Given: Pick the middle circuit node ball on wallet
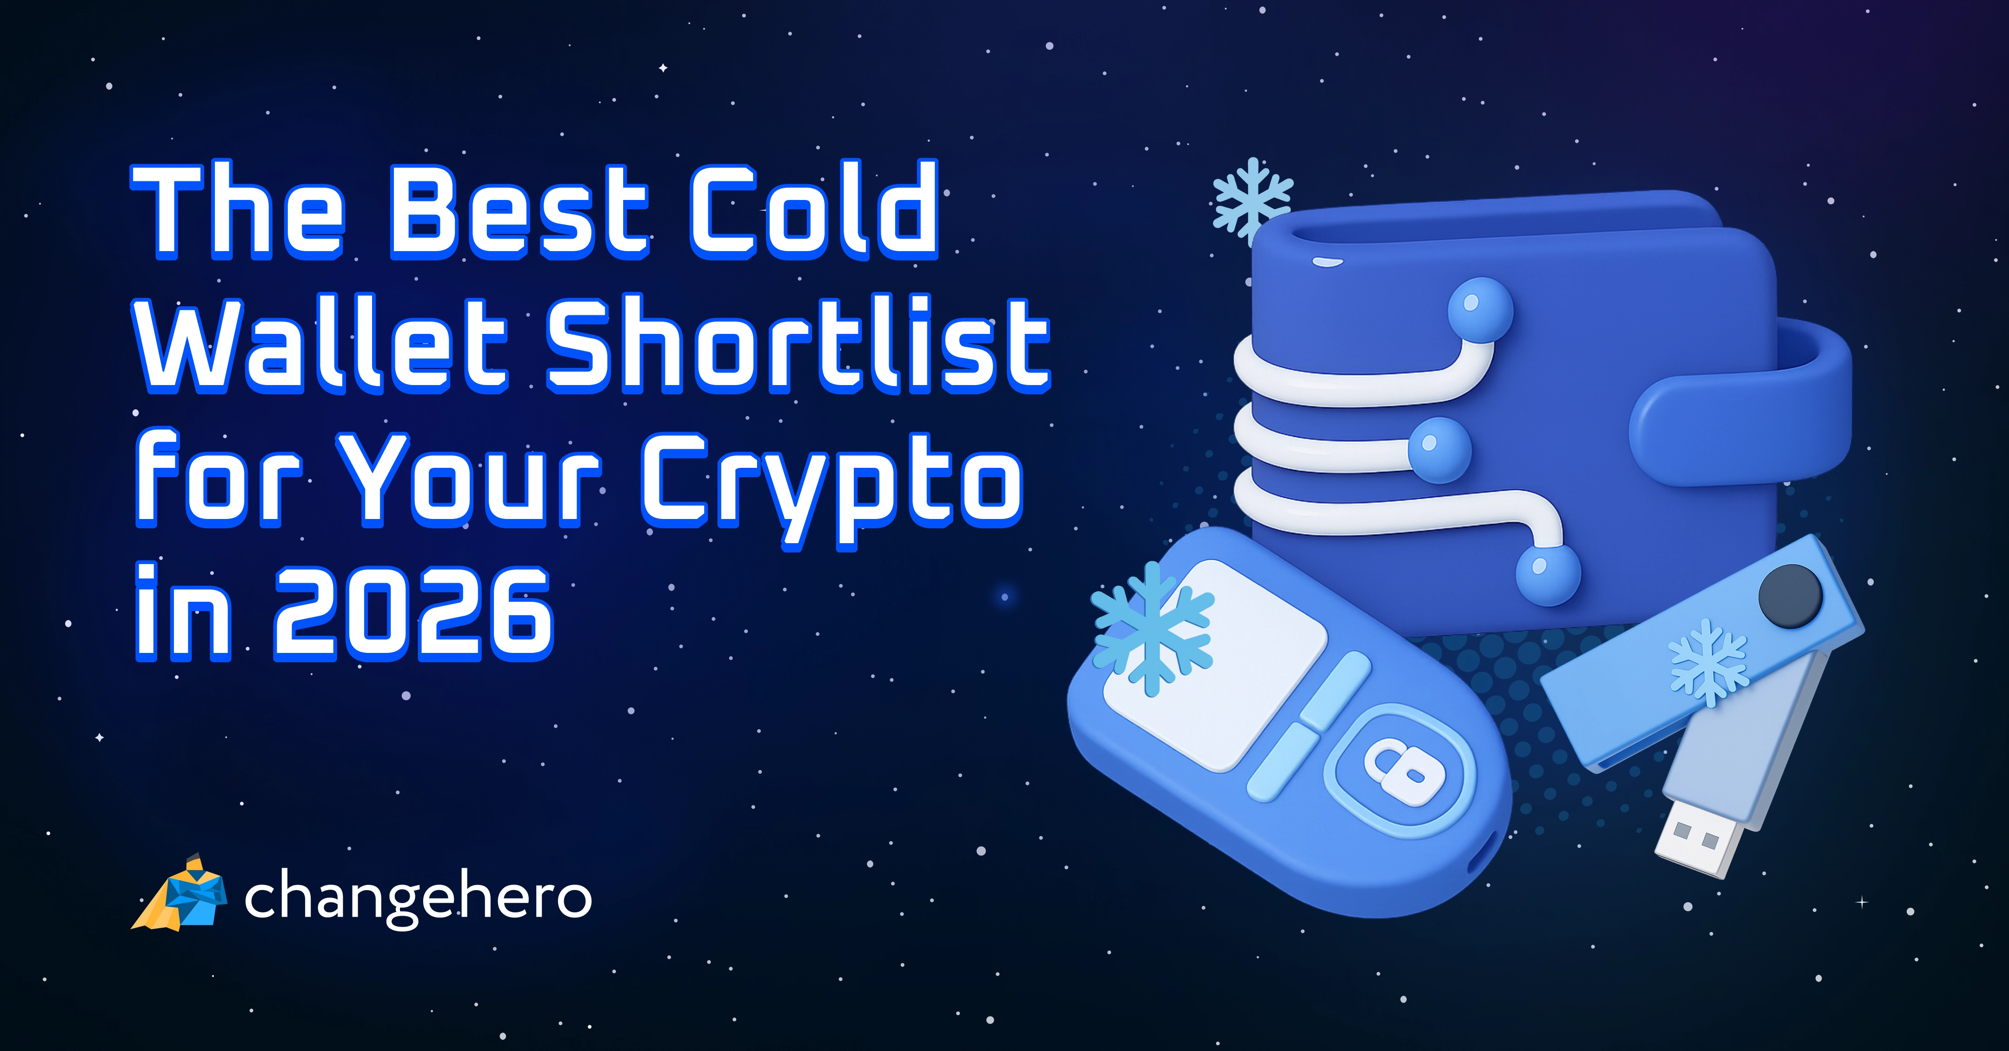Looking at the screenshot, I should click(x=1439, y=450).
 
